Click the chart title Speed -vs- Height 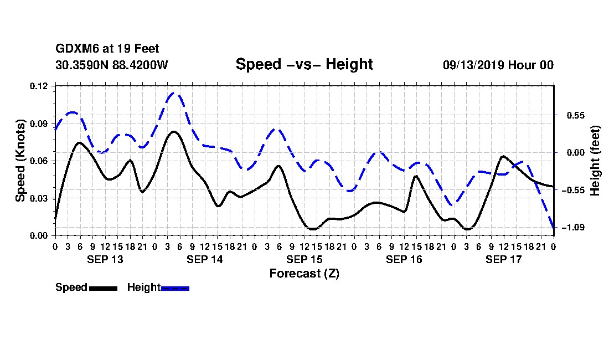point(304,64)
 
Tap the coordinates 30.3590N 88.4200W point(112,65)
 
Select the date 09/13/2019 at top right point(473,65)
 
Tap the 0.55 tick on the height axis point(576,115)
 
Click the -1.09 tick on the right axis point(573,227)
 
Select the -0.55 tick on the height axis point(573,190)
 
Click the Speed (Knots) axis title point(20,161)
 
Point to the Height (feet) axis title point(595,161)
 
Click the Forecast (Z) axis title point(304,274)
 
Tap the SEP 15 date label point(304,259)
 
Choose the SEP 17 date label point(504,259)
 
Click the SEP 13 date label point(105,259)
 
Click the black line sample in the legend point(104,288)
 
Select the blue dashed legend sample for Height point(175,288)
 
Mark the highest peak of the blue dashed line point(174,93)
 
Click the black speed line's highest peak point(173,132)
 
